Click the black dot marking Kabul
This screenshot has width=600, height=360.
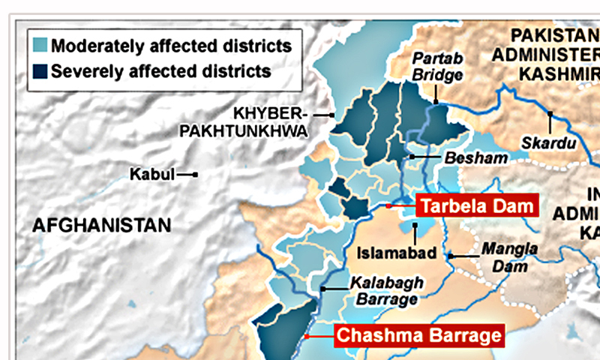pyautogui.click(x=195, y=175)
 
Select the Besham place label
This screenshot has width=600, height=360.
pyautogui.click(x=475, y=158)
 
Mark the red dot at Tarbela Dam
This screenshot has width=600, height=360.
pyautogui.click(x=388, y=205)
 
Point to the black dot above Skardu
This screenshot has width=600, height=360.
pyautogui.click(x=550, y=114)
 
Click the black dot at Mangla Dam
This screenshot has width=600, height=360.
pyautogui.click(x=450, y=256)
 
